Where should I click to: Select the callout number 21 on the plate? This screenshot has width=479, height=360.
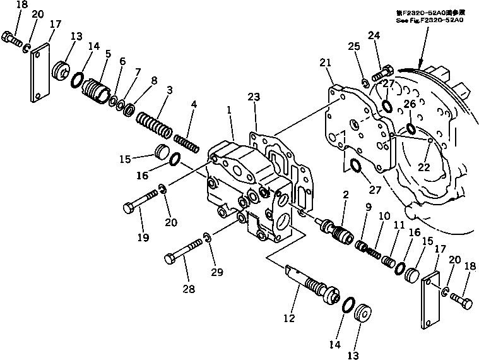[325, 62]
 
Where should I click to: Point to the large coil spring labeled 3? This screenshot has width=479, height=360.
[153, 123]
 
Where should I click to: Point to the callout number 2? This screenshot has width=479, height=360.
[346, 196]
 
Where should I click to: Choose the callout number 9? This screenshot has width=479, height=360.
[367, 207]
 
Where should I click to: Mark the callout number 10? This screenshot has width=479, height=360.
[384, 215]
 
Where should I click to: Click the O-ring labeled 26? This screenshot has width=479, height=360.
[410, 129]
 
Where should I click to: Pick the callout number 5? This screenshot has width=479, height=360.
[107, 54]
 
